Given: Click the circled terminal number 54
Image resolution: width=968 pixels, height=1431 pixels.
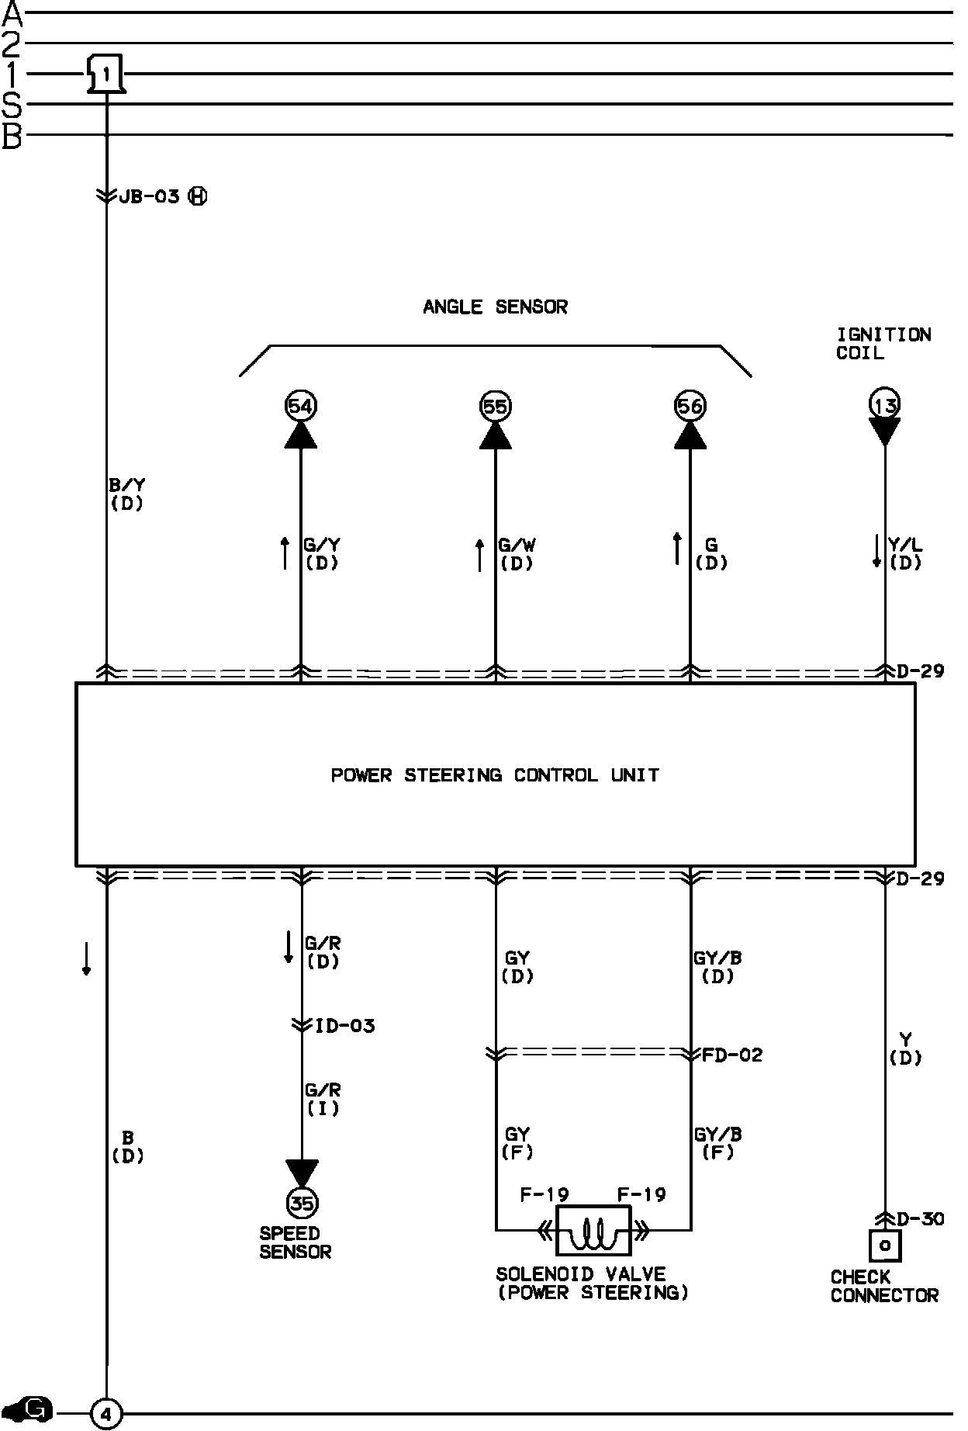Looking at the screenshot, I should click(x=301, y=406).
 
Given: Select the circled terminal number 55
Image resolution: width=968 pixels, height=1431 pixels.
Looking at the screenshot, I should click(x=495, y=406).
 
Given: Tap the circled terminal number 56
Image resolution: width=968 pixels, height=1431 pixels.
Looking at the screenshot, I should click(x=690, y=406).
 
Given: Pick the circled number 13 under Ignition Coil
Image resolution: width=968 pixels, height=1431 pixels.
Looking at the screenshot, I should click(x=884, y=404).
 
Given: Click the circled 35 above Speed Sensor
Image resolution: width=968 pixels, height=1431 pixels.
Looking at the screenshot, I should click(x=302, y=1204).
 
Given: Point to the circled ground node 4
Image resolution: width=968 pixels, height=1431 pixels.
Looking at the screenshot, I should click(x=106, y=1415).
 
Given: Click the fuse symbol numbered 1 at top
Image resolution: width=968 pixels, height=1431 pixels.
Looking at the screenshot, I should click(x=105, y=74).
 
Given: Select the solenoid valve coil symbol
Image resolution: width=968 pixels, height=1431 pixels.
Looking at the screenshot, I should click(x=593, y=1231).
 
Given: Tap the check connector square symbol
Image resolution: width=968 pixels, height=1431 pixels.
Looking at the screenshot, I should click(x=884, y=1246).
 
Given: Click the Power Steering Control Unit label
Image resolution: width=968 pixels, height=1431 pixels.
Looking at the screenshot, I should click(x=495, y=775).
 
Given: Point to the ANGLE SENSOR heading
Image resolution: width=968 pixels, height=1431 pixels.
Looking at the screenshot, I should click(x=495, y=307).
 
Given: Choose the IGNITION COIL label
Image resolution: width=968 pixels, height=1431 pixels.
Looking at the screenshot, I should click(x=883, y=344).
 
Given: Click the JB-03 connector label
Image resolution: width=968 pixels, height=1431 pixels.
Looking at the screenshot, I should click(x=149, y=196).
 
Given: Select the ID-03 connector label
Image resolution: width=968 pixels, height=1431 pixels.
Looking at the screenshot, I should click(x=344, y=1026).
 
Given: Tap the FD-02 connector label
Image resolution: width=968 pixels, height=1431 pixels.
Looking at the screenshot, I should click(x=732, y=1055).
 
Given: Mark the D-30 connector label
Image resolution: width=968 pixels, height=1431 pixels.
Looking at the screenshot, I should click(x=920, y=1219).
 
